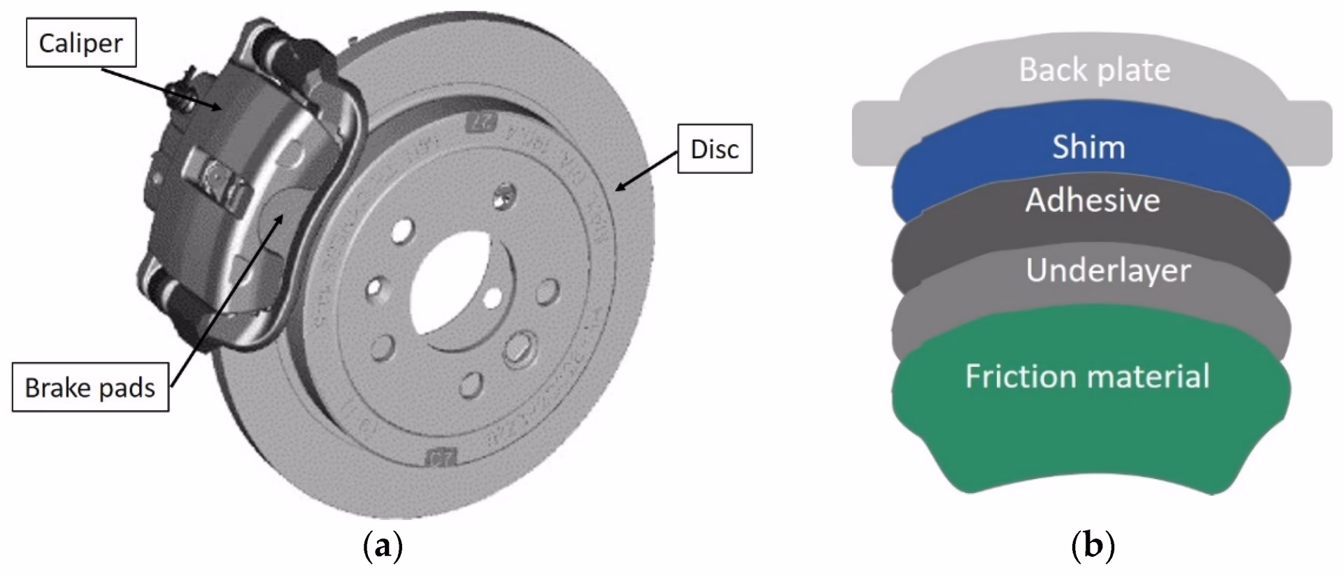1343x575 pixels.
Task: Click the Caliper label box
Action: pos(80,43)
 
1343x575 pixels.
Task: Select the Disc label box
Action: pos(714,149)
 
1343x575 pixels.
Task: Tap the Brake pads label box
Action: pos(90,388)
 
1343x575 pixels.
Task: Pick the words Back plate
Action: pos(1094,70)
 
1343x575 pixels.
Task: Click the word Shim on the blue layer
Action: pos(1088,147)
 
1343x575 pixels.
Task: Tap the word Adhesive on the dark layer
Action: pos(1093,201)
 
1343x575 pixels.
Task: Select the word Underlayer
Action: pos(1108,271)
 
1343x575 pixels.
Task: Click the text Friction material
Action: pos(1087,376)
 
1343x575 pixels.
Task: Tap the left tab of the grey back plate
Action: pos(874,133)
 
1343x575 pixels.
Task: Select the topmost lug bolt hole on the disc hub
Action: pos(503,196)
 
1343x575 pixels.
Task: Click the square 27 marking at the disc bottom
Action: pos(441,458)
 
